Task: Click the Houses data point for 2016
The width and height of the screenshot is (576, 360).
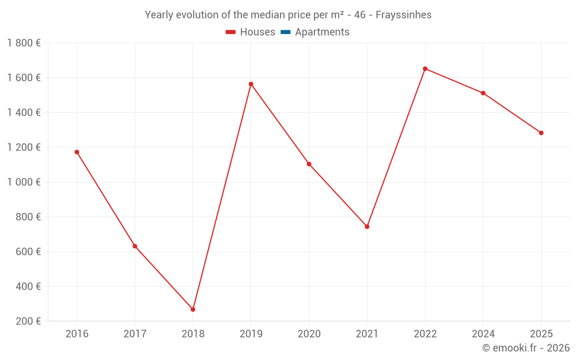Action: (77, 152)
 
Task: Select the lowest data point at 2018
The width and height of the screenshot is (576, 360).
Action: (193, 309)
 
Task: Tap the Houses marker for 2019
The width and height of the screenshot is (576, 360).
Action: (251, 84)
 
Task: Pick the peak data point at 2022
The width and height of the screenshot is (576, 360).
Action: (425, 69)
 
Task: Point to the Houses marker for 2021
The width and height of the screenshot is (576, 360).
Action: (367, 226)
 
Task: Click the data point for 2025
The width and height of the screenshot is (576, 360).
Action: (541, 133)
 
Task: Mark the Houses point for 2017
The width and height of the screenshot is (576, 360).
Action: (135, 246)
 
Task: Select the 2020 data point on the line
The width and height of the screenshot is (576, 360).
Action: (309, 164)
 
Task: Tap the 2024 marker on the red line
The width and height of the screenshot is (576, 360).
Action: (483, 93)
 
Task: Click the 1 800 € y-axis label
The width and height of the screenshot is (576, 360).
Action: (24, 43)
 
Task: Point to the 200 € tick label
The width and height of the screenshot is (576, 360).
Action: (28, 321)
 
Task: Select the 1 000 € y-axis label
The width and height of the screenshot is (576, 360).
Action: (24, 182)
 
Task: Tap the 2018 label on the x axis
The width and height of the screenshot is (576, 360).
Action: (193, 334)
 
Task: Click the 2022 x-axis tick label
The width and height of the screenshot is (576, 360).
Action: (425, 334)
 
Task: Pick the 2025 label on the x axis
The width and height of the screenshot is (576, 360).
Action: (541, 334)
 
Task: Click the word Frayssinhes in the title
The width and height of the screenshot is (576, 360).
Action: (403, 15)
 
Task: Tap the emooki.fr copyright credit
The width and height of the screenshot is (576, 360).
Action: (525, 348)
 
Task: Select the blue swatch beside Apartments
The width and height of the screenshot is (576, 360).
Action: (285, 32)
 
